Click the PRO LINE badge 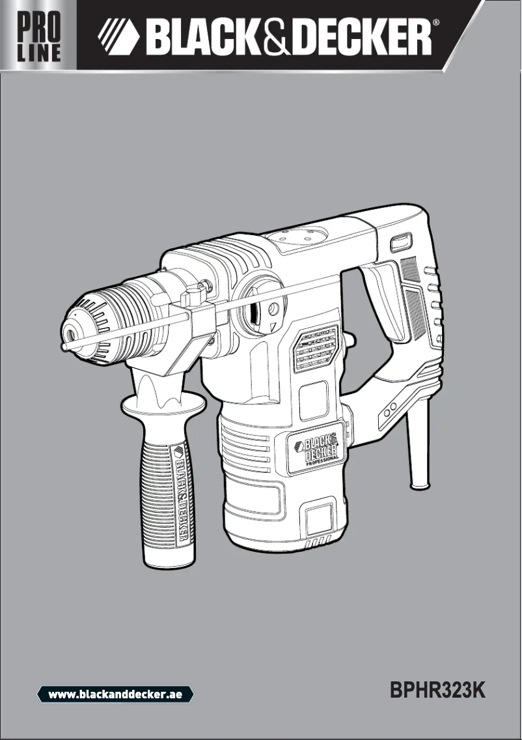pos(38,36)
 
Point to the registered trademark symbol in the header pos(436,22)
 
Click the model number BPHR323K pos(438,690)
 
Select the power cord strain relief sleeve pos(417,449)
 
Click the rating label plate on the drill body pos(316,349)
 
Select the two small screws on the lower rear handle pos(389,411)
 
